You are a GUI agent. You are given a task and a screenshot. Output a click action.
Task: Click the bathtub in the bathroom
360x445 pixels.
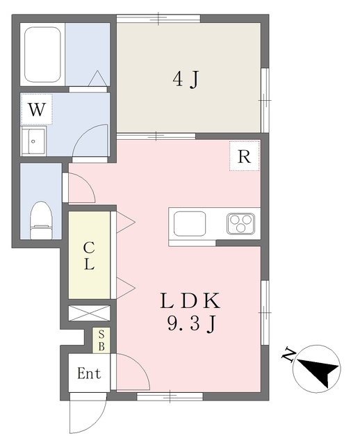coord(42,54)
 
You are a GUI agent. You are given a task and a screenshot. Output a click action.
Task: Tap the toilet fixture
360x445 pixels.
coord(42,220)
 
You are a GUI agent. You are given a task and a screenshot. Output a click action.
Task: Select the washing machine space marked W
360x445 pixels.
coord(37,109)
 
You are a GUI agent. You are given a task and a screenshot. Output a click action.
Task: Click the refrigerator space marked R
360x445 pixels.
coord(244,156)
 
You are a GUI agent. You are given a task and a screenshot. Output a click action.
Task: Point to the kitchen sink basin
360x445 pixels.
coord(190,224)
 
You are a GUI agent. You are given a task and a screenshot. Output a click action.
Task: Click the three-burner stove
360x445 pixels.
coord(240,224)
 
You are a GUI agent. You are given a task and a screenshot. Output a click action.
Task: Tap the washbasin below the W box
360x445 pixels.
coord(33,141)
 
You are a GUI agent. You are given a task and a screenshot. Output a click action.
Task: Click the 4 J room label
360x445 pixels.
coord(185,79)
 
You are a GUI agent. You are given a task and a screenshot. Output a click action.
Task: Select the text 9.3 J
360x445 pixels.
coord(192,324)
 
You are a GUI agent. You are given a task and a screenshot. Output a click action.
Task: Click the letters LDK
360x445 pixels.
coord(190,301)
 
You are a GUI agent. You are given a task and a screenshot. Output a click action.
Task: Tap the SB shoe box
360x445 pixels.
coord(101,341)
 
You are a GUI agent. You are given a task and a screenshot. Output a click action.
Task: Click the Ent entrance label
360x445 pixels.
coord(89,373)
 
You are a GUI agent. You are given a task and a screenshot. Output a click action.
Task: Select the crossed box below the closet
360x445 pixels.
coord(89,314)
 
